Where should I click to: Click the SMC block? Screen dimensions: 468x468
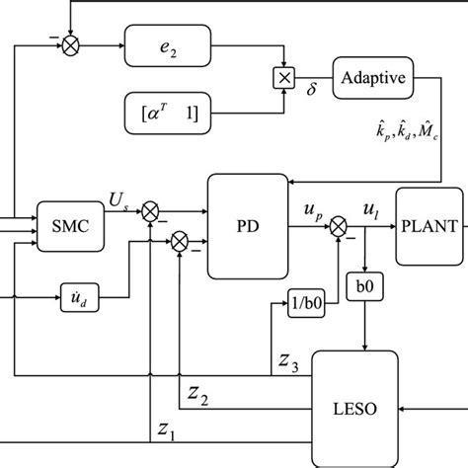pos(65,226)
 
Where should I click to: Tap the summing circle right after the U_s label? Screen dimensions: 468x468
pos(150,211)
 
